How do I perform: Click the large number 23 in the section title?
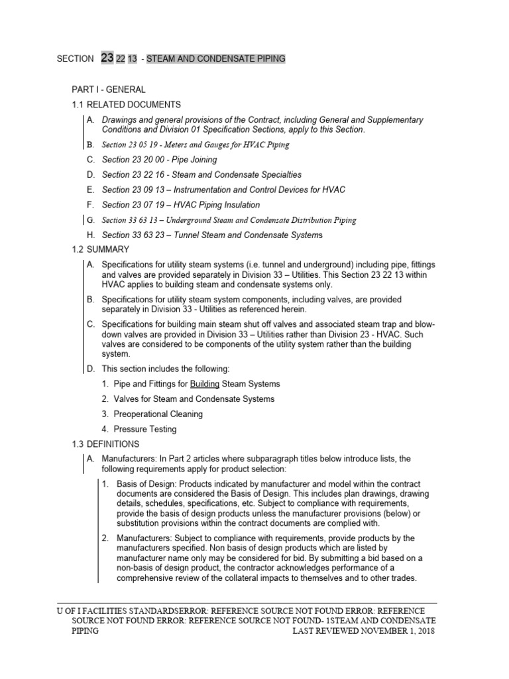[x=107, y=58]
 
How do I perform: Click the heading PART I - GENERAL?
[x=109, y=90]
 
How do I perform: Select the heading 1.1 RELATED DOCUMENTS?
[x=126, y=105]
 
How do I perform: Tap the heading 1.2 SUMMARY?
[x=101, y=249]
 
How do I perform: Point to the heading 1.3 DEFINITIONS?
[x=105, y=444]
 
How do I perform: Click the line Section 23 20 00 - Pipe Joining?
[x=159, y=160]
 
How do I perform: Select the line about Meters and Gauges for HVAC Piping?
[x=196, y=144]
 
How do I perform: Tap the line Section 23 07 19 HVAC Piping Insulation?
[x=181, y=205]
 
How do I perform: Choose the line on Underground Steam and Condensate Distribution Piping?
[x=229, y=220]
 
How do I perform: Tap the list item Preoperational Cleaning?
[x=158, y=414]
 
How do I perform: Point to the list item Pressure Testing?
[x=144, y=429]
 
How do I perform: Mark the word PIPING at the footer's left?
[x=85, y=631]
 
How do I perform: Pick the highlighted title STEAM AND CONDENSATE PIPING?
[x=216, y=59]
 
